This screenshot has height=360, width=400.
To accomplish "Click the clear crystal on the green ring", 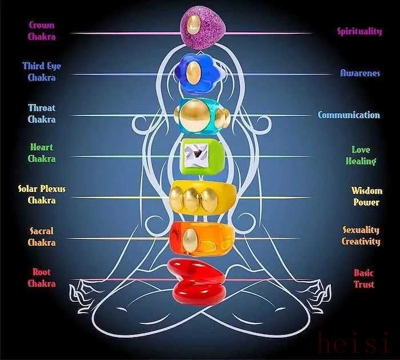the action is pyautogui.click(x=195, y=155).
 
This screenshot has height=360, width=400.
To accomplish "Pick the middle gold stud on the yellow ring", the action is pyautogui.click(x=191, y=200).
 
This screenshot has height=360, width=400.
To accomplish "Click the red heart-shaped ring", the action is pyautogui.click(x=196, y=282).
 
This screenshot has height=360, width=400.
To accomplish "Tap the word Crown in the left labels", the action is pyautogui.click(x=42, y=25).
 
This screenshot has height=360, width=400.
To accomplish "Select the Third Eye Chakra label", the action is pyautogui.click(x=42, y=71).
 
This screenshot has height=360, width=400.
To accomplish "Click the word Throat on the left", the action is pyautogui.click(x=42, y=108).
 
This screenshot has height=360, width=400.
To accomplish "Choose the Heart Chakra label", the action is pyautogui.click(x=42, y=153).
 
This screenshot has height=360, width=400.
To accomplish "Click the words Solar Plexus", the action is pyautogui.click(x=42, y=189).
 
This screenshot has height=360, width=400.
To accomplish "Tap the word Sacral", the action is pyautogui.click(x=42, y=231).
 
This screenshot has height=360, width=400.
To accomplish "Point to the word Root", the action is pyautogui.click(x=42, y=272).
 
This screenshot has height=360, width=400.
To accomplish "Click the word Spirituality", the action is pyautogui.click(x=359, y=31).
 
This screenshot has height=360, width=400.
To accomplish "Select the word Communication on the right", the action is pyautogui.click(x=349, y=115).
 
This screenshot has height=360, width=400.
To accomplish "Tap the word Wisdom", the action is pyautogui.click(x=367, y=191).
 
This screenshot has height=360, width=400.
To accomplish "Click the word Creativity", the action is pyautogui.click(x=361, y=241).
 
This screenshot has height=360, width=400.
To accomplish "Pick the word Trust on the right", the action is pyautogui.click(x=364, y=284).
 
